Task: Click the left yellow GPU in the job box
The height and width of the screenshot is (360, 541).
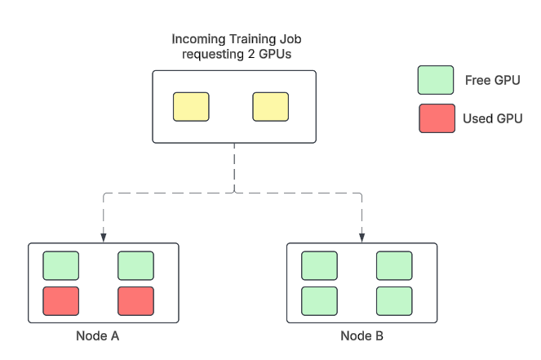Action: point(191,107)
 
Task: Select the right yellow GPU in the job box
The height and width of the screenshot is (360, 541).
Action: point(271,107)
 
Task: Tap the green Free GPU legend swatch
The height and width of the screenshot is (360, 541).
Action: point(436,80)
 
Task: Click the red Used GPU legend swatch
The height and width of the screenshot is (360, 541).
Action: point(437,118)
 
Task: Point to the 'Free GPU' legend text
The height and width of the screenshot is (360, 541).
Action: point(492,80)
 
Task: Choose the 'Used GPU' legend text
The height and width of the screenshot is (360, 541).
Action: point(492,118)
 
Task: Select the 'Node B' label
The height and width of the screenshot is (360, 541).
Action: point(361,336)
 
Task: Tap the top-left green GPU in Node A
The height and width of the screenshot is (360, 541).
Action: point(61,265)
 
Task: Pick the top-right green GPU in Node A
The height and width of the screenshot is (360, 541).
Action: point(136,265)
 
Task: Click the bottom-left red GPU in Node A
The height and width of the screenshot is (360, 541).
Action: point(61,300)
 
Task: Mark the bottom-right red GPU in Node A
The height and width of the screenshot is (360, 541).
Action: point(136,300)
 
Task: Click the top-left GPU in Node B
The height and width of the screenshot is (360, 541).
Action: point(319,265)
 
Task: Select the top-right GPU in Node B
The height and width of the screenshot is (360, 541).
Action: point(394,265)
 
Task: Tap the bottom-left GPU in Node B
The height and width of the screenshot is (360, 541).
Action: point(319,300)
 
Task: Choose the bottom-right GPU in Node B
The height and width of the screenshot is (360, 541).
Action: point(394,300)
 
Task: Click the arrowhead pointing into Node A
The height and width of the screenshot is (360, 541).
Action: point(104,238)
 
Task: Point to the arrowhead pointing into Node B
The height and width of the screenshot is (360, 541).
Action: point(362,238)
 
